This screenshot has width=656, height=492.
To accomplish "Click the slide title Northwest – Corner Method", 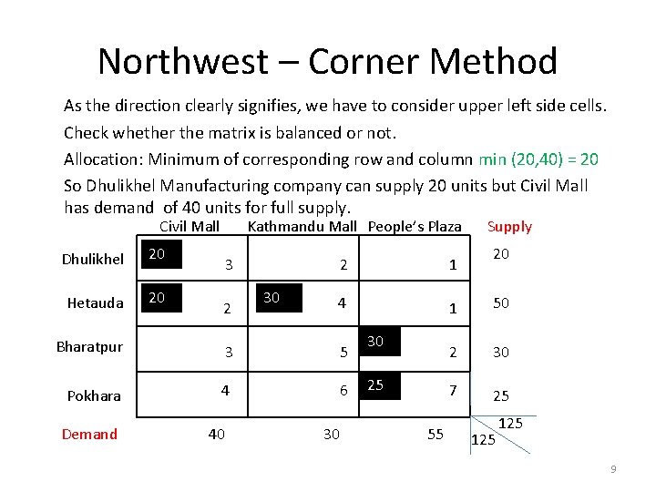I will click(327, 61).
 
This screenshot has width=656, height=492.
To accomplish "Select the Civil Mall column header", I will click(190, 226).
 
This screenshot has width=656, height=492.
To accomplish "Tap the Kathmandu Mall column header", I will click(302, 226).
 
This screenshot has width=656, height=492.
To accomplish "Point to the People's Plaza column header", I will click(415, 226).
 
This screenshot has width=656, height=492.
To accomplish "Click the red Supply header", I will click(509, 226).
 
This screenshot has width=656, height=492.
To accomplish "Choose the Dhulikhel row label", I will click(93, 259).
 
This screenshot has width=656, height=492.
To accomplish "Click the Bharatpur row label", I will click(89, 347).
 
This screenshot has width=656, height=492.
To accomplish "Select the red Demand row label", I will click(89, 434).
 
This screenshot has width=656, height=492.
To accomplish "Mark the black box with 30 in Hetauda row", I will click(280, 300).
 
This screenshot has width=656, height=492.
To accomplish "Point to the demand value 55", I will click(436, 435).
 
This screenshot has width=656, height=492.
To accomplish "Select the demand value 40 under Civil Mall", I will click(216, 435).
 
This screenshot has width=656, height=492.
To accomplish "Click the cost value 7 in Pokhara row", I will click(452, 390).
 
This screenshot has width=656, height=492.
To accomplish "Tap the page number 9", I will click(613, 469).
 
